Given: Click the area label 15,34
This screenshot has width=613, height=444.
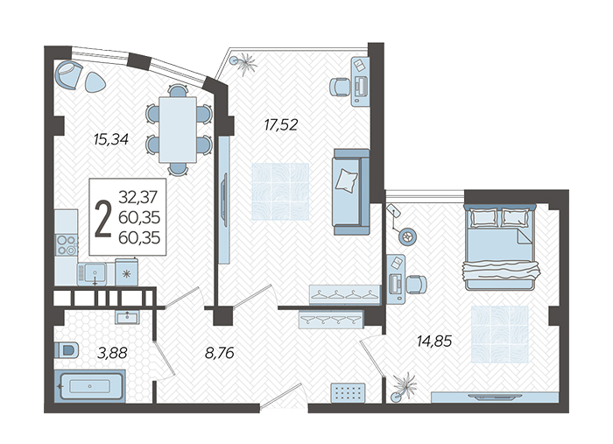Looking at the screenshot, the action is [111, 139].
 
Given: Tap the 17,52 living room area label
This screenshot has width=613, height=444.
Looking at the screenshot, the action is [281, 125].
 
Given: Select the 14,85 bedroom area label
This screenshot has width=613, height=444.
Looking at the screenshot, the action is [434, 342].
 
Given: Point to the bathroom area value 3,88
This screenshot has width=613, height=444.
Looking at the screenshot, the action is [112, 353].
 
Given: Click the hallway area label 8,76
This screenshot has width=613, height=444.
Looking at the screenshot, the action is [219, 353].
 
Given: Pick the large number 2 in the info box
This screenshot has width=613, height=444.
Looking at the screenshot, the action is [103, 218].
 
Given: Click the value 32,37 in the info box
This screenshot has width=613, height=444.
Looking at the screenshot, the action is [137, 196].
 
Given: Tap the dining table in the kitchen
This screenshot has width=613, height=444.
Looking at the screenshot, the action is [178, 130].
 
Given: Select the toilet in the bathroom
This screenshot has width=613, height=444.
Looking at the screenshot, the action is [67, 349].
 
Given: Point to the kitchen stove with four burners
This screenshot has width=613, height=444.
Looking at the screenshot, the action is [66, 244].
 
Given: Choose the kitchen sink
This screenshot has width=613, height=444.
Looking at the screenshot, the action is [92, 273].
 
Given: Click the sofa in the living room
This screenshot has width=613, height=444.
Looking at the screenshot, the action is [351, 192].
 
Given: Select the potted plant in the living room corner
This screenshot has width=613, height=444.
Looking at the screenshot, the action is [243, 62].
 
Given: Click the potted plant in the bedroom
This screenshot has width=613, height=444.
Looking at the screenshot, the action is [404, 386].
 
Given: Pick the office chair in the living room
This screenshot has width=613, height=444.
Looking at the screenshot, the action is [340, 87].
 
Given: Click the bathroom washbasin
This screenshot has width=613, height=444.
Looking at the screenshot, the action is [127, 317].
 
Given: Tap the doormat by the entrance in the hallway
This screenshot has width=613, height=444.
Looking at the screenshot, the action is [348, 392].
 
